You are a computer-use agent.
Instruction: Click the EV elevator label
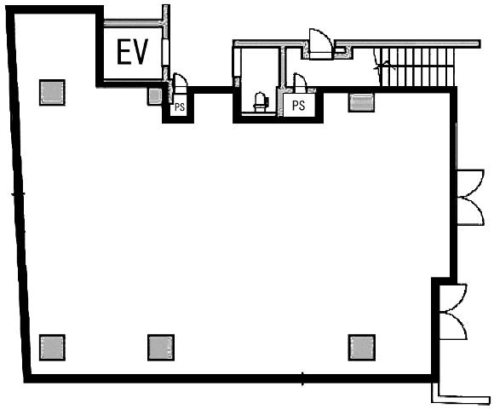click(x=132, y=52)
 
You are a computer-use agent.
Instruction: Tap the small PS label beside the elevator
click(x=180, y=107)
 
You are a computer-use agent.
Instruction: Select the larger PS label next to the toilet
click(x=299, y=106)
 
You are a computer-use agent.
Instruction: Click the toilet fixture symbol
click(x=261, y=102)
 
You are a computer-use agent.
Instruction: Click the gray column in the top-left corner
click(x=52, y=92)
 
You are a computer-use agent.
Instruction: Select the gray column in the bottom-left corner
click(x=52, y=348)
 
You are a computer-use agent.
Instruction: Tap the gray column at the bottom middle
click(x=161, y=348)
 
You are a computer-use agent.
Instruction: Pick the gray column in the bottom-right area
click(x=362, y=348)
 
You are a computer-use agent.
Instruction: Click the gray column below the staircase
click(x=361, y=102)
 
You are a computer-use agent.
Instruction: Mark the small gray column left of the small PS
click(x=155, y=95)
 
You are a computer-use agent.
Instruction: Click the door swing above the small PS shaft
click(x=181, y=83)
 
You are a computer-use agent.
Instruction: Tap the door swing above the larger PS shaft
click(x=300, y=83)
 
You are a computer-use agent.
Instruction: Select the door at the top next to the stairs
click(x=320, y=43)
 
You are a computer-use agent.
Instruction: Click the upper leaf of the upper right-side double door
click(x=470, y=182)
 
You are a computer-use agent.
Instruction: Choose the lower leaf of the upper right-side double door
click(x=470, y=210)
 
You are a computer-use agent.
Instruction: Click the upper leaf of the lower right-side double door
click(x=453, y=297)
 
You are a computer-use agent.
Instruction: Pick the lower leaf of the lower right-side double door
click(x=453, y=325)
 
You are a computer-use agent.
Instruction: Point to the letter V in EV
click(x=141, y=52)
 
